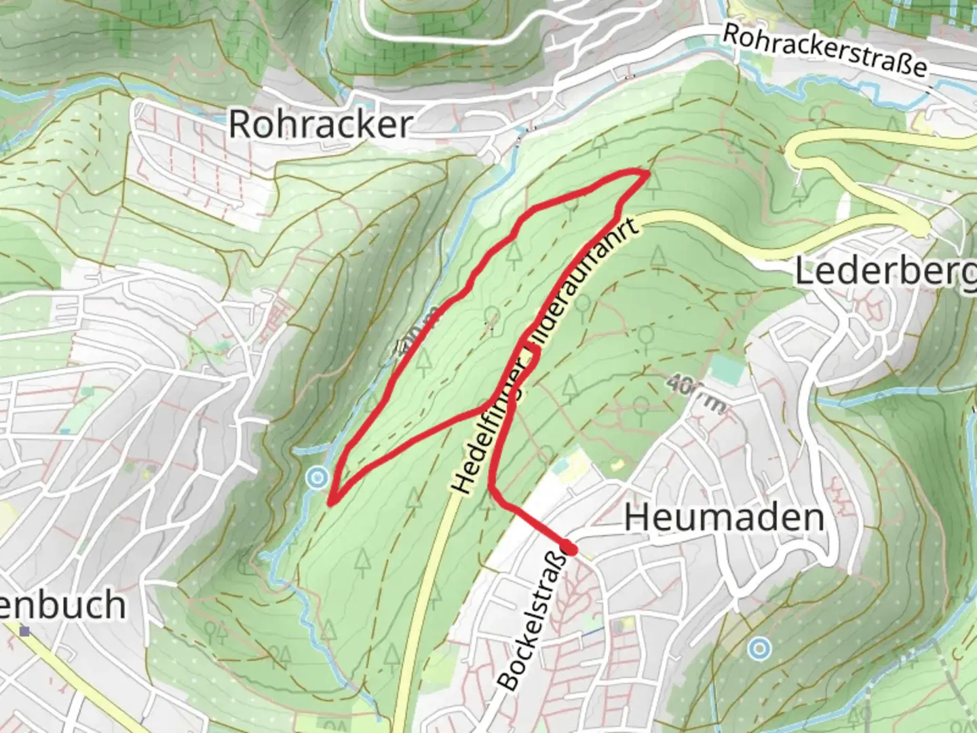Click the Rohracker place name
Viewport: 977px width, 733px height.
click(320, 124)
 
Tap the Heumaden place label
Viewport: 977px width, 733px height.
click(724, 518)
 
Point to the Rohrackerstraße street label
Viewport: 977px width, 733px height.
click(824, 50)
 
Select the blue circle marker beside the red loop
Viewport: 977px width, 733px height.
click(316, 478)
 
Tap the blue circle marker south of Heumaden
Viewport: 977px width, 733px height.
click(759, 649)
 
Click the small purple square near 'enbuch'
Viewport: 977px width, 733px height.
click(25, 631)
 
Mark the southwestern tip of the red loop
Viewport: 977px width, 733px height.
click(330, 503)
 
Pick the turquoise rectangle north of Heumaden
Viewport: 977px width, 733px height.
click(727, 370)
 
